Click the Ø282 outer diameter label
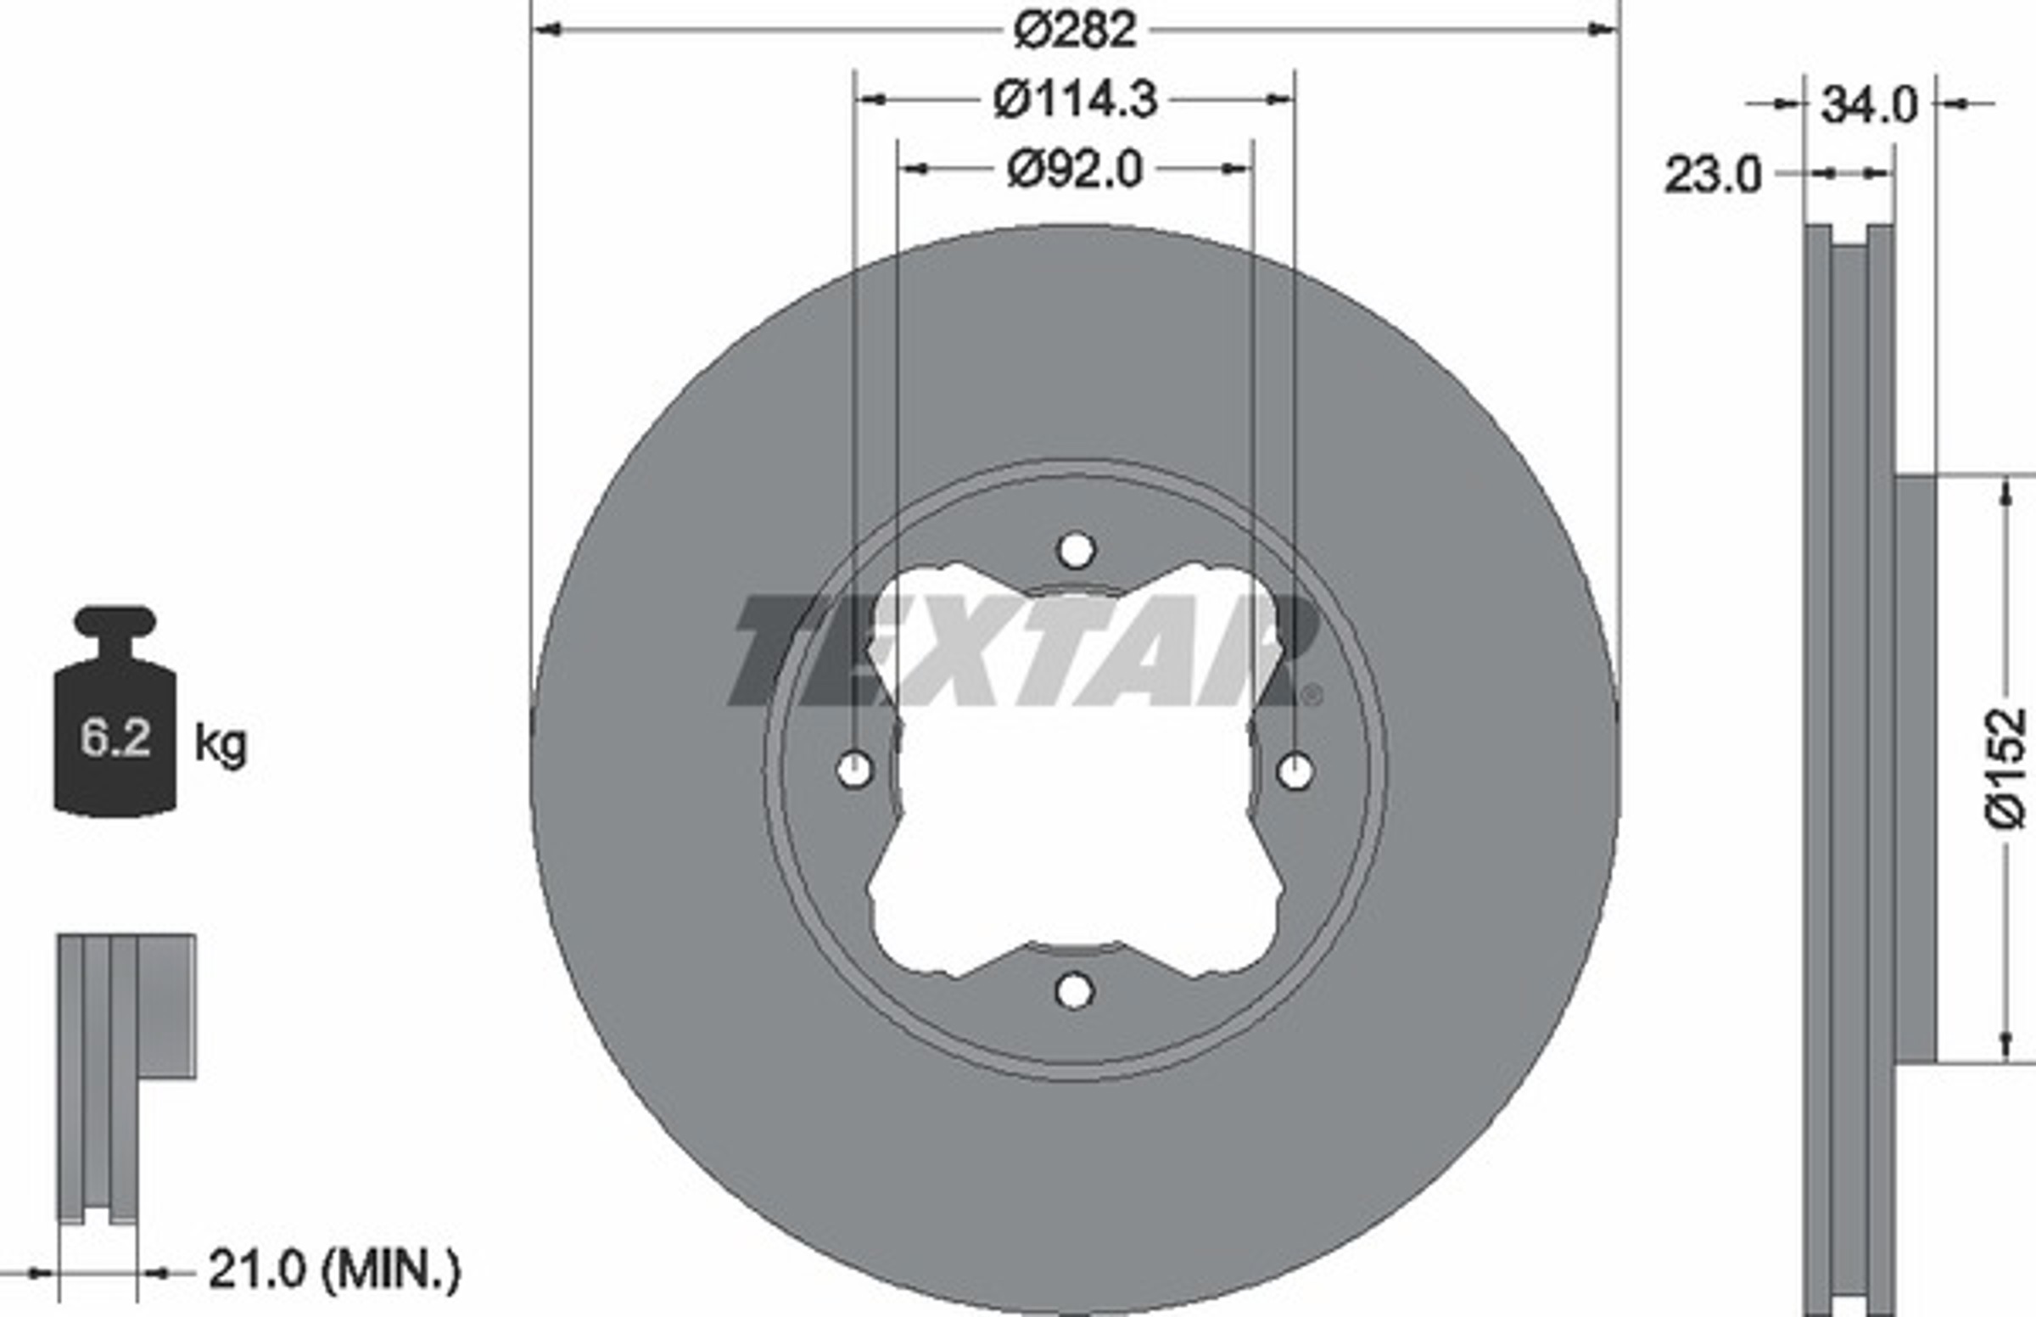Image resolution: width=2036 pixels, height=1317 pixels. click(x=1074, y=31)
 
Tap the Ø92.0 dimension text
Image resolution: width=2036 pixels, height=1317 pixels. click(x=1074, y=170)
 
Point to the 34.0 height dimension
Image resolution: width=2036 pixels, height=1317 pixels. click(x=1870, y=106)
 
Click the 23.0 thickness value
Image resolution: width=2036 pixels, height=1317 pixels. click(x=1713, y=176)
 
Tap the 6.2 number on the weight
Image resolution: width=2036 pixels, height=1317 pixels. click(x=115, y=737)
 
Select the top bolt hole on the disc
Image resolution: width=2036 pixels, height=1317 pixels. click(x=1077, y=551)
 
